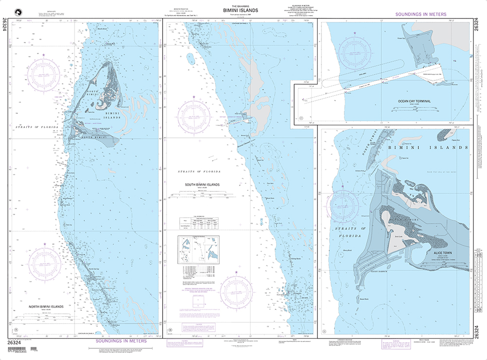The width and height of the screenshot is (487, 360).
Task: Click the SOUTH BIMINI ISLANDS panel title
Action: point(202,185)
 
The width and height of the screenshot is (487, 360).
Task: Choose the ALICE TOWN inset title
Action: point(440,253)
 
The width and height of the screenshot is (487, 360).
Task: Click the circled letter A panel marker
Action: point(17,330)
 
